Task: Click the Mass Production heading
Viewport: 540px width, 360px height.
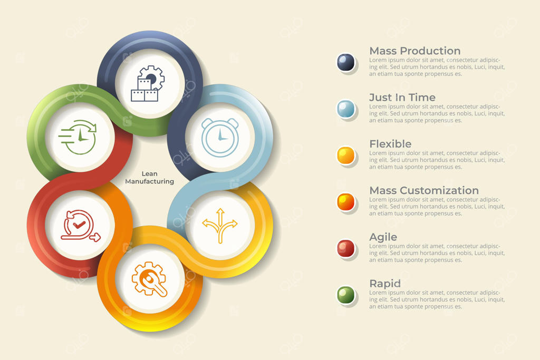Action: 414,51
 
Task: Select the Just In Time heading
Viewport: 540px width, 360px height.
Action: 402,98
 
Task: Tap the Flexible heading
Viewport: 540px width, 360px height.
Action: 390,144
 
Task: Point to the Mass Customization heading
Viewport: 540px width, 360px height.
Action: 424,190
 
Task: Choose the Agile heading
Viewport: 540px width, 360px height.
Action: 383,237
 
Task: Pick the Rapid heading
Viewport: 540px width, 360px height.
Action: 385,284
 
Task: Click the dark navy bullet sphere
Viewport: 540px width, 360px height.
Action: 345,62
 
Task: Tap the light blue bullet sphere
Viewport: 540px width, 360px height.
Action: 345,109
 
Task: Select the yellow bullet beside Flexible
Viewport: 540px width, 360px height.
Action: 345,155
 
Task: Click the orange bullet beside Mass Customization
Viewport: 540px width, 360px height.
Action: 345,202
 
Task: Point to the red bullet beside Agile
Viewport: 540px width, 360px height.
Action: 345,248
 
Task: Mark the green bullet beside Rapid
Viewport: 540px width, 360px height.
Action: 345,295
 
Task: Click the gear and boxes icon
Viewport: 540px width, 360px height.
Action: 148,84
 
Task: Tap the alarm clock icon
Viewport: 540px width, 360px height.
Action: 220,138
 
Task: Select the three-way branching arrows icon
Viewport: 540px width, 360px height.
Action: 220,226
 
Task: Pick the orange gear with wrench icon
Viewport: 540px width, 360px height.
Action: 149,279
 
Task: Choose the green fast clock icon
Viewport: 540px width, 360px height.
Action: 78,137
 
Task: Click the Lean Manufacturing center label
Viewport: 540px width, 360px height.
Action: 149,178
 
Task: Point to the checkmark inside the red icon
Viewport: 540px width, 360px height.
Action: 79,225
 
